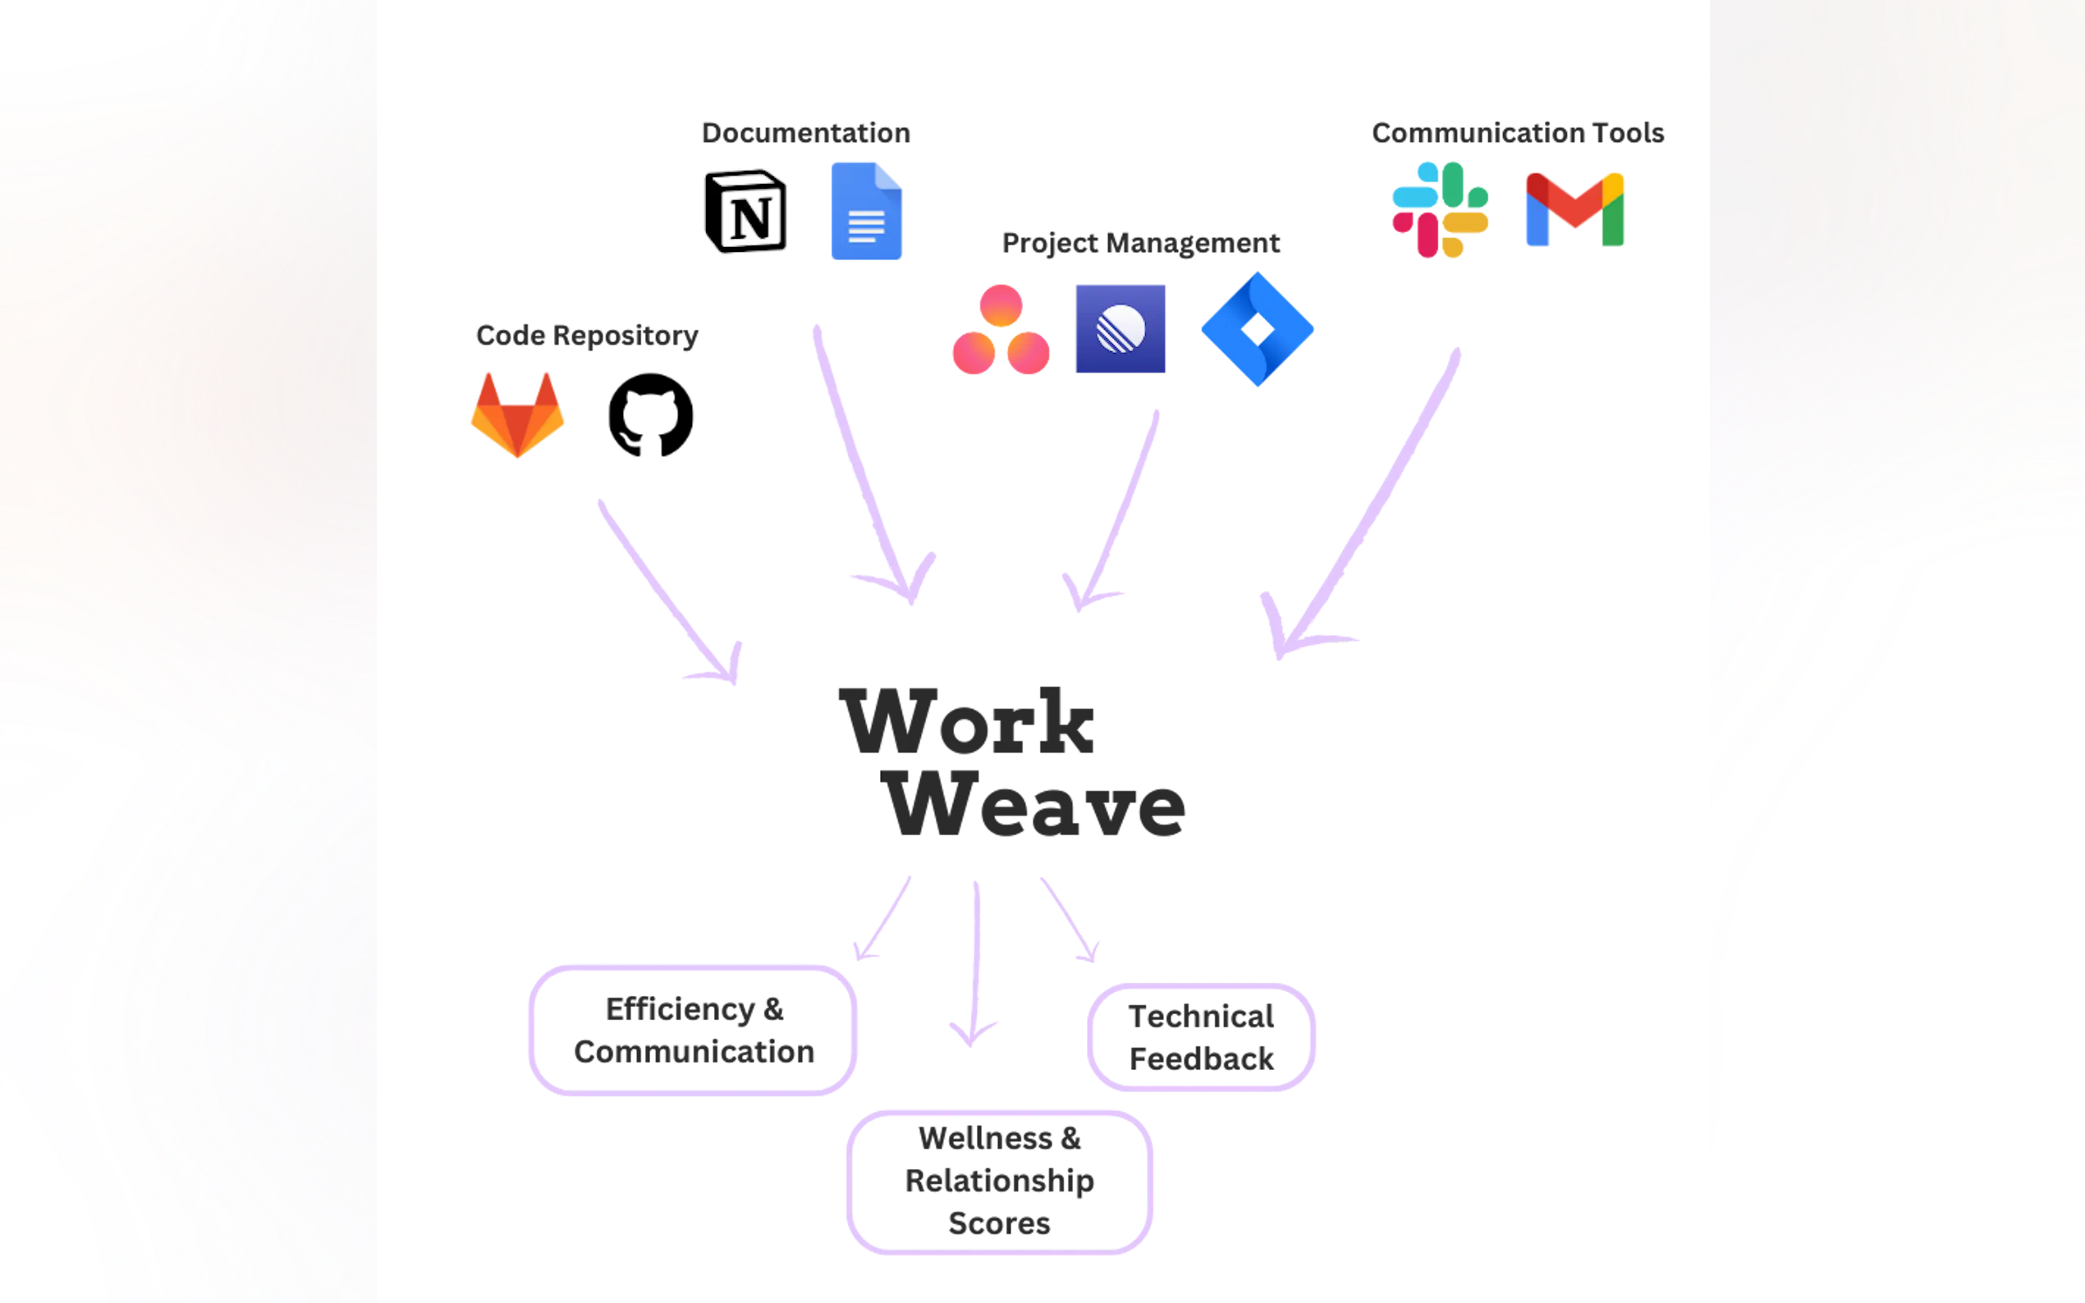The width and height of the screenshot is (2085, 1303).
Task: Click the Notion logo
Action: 745,210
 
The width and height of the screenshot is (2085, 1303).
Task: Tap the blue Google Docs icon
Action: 866,210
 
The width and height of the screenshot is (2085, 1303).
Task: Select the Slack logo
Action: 1441,209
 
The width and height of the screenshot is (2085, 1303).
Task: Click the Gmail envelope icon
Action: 1574,210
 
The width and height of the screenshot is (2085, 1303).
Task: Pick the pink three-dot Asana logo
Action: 1000,331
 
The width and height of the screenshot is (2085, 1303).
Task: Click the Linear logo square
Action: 1120,328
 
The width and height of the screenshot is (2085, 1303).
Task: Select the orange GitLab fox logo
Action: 518,414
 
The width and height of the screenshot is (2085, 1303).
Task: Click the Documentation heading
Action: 804,133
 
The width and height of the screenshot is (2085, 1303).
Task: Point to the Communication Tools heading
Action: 1519,133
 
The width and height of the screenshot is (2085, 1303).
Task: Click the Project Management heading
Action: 1141,244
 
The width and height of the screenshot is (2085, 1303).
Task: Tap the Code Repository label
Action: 586,336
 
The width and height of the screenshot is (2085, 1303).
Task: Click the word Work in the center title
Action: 967,720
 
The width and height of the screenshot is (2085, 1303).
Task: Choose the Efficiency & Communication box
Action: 693,1031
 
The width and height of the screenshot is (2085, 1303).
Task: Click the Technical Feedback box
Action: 1202,1036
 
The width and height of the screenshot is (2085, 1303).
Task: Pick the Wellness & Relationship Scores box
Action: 998,1182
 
